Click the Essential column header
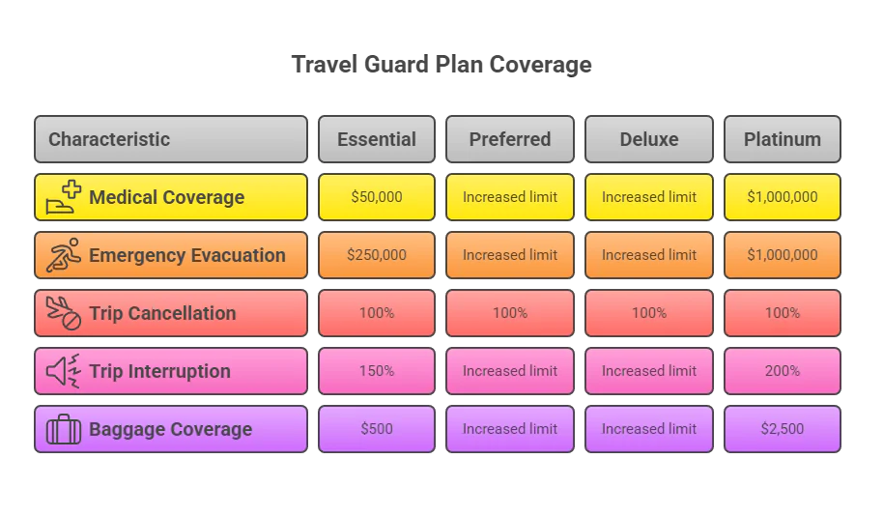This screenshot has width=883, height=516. point(377,139)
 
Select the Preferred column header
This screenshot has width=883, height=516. point(510,139)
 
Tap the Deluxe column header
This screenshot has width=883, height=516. point(649,139)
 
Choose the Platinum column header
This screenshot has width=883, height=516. point(783,139)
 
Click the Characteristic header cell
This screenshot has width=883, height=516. point(170,139)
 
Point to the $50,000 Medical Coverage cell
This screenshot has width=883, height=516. point(377,197)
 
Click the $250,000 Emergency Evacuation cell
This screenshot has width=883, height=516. point(377,255)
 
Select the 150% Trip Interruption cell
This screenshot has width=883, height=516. point(377,371)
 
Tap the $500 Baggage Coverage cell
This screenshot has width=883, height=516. point(377,429)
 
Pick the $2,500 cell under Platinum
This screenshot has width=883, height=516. point(783,429)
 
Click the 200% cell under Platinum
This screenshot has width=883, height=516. point(783,371)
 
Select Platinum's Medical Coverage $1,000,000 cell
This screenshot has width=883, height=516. point(783,197)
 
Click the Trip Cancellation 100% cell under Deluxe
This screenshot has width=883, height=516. point(649,313)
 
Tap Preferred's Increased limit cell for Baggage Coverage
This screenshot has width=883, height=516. point(510,429)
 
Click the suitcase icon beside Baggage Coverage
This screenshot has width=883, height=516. point(64,429)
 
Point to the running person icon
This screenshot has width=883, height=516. point(64,255)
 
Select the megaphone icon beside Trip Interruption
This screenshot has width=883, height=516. point(64,371)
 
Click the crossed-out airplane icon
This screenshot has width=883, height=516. point(64,313)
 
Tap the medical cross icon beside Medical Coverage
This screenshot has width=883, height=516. point(64,197)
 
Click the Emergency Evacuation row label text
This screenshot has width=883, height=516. point(187,255)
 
